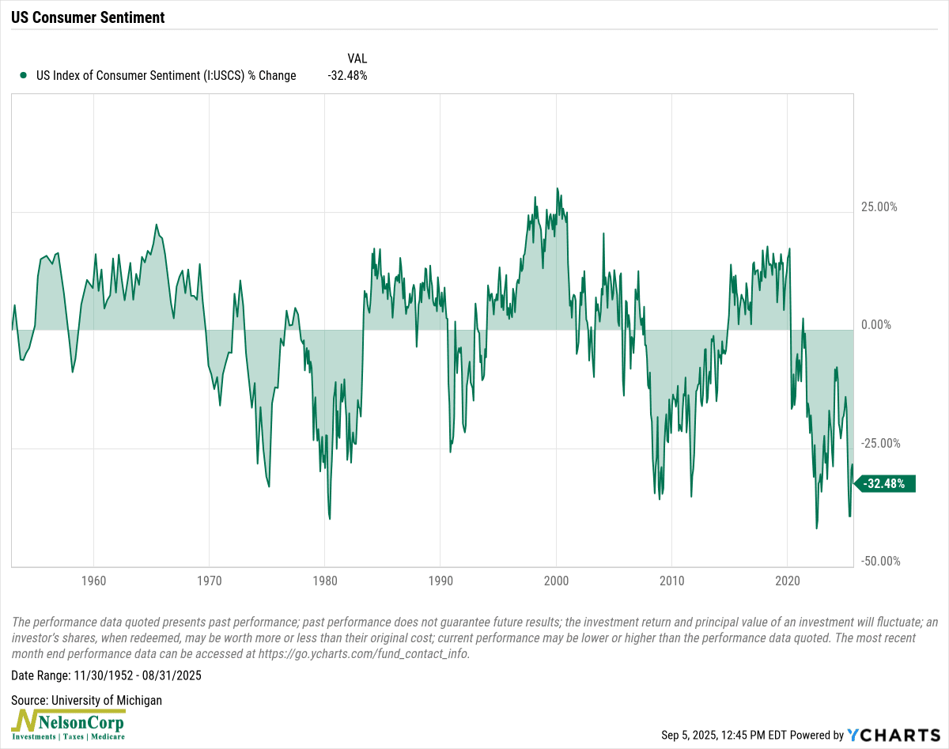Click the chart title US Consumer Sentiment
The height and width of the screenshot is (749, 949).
point(89,17)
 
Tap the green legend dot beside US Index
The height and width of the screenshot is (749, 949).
point(23,76)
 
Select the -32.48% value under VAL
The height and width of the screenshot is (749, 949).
point(347,76)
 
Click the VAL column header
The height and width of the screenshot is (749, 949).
point(357,59)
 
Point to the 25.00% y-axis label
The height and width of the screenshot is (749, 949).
point(879,207)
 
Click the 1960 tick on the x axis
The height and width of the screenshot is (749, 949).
point(93,580)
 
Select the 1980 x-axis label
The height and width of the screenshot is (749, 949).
point(325,580)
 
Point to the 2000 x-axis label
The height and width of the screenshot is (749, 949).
point(556,580)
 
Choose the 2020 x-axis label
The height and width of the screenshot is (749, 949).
point(788,580)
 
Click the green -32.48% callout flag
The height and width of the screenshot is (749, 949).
point(884,484)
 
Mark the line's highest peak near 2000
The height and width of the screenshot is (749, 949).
point(557,188)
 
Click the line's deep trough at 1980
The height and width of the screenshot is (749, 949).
point(329,518)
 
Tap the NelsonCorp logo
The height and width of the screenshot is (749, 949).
point(68,724)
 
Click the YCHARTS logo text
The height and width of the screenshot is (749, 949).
point(893,735)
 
